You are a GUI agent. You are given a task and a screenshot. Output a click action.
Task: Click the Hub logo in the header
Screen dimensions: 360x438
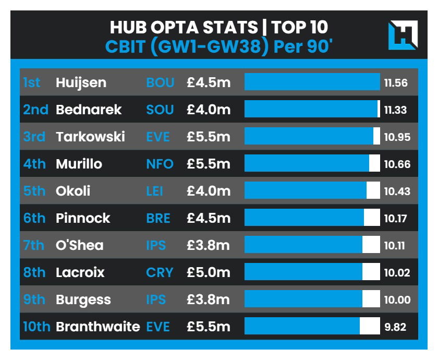[x=402, y=35]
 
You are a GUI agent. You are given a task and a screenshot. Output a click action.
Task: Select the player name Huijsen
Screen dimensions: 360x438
[x=81, y=82]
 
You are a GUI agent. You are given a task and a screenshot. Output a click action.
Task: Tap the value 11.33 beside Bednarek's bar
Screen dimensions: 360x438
[x=395, y=110]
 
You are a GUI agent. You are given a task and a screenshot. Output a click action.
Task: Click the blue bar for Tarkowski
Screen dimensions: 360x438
[x=309, y=137]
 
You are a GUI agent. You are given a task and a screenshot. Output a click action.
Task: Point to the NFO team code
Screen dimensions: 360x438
[x=160, y=164]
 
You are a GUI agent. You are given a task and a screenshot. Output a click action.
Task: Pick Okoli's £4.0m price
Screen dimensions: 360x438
[x=209, y=191]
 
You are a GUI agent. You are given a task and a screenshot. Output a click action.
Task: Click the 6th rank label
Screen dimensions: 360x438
[x=34, y=218]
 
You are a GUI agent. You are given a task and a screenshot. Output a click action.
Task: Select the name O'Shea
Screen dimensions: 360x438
[x=79, y=245]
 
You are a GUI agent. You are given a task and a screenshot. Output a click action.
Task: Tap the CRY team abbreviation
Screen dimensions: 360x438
[x=159, y=272]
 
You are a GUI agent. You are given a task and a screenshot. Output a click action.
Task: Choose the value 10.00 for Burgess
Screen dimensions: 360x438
[x=397, y=300]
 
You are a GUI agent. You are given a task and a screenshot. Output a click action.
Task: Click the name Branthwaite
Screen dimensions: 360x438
[x=98, y=327]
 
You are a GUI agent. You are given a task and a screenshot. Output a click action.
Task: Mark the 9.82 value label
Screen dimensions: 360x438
[x=395, y=327]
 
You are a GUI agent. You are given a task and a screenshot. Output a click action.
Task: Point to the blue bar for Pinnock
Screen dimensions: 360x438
[x=304, y=218]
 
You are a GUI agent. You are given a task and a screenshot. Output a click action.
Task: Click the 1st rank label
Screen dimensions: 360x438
[x=32, y=82]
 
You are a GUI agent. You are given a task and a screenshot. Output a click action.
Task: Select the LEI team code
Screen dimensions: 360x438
[x=154, y=191]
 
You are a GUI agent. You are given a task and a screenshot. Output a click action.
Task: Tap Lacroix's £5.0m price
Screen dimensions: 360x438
[x=209, y=272]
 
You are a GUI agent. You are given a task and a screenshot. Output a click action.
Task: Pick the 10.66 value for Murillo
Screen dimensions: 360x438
[x=397, y=164]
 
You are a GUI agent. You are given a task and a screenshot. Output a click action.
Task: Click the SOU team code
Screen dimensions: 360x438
[x=160, y=110]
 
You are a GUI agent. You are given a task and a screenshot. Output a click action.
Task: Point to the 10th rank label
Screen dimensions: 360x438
[x=36, y=327]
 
